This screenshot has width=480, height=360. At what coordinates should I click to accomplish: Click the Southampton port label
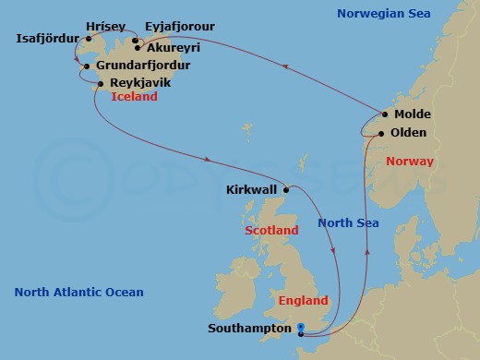point(248,327)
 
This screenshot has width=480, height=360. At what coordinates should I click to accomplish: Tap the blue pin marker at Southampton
point(301,328)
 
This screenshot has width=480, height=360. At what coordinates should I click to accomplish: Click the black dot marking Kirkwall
point(287,190)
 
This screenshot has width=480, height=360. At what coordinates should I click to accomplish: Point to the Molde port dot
point(383,115)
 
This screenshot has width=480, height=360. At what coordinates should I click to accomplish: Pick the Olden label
point(409,133)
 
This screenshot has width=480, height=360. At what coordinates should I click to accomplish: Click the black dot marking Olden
point(379,134)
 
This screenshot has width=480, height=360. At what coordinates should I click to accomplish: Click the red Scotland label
point(271,229)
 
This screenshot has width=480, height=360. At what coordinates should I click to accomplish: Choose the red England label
point(302,301)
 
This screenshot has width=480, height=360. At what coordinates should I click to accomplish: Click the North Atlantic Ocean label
point(78,293)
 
